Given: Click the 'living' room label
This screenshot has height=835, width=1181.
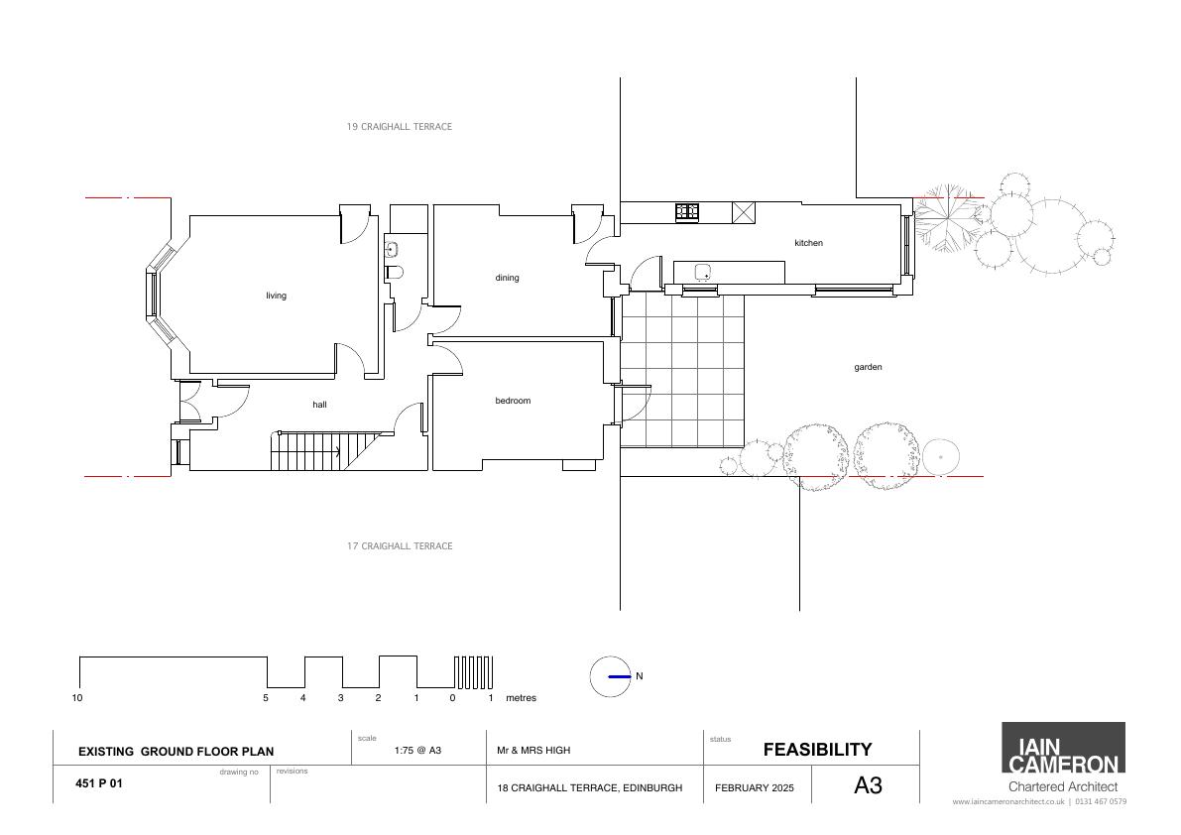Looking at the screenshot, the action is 276,296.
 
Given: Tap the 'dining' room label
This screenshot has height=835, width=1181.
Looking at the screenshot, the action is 507,278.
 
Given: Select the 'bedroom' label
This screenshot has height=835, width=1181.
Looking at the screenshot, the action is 513,401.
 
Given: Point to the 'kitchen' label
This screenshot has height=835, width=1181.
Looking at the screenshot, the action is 808,243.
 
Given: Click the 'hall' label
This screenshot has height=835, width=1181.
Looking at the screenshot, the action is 319,405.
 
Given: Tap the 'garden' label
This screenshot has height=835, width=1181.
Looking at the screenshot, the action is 868,368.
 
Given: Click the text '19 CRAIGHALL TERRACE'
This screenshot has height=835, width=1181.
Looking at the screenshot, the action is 400,127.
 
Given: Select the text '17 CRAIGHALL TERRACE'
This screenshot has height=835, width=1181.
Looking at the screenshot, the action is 400,545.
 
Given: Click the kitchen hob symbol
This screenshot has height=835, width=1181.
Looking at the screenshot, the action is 687,211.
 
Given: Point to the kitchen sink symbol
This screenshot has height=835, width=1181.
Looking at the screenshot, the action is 703,272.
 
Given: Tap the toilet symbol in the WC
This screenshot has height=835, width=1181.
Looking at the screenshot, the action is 394,272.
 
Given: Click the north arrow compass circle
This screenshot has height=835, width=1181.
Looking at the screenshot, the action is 610,677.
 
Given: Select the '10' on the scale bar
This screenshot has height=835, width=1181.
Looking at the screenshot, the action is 76,698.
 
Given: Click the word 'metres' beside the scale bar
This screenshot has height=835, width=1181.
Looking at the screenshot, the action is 522,698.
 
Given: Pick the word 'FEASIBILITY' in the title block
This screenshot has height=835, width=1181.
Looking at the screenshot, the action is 817,749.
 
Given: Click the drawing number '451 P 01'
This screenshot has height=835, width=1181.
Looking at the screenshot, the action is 99,783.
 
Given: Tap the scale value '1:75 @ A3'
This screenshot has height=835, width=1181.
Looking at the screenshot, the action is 418,750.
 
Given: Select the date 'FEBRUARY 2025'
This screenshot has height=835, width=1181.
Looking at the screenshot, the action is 754,788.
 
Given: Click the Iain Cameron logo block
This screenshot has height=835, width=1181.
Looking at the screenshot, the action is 1063,748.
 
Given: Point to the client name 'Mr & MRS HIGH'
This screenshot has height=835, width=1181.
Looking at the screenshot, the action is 533,751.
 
